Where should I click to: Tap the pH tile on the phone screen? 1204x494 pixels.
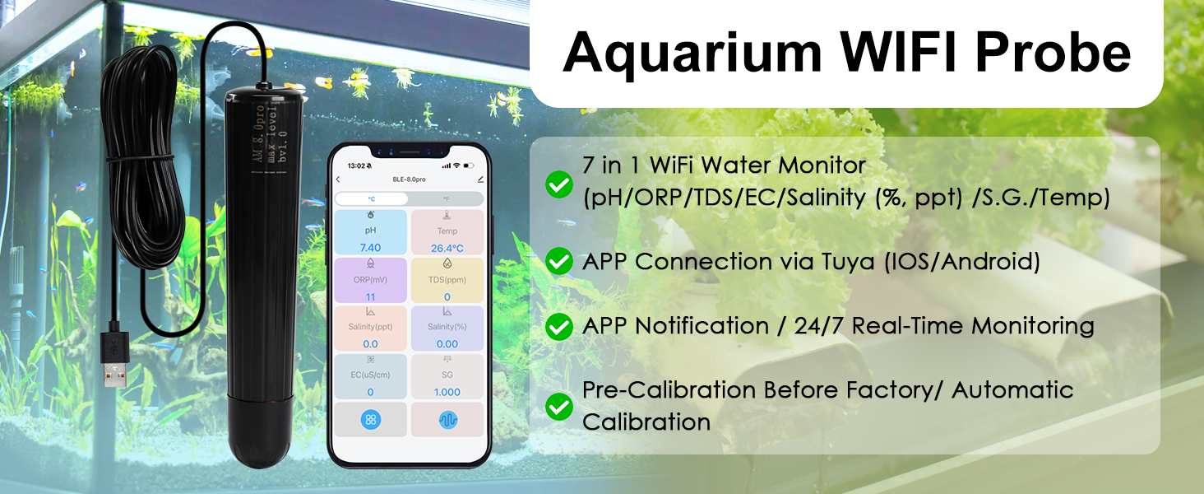[370, 231]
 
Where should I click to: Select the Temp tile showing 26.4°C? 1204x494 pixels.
[447, 231]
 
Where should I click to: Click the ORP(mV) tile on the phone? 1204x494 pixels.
[370, 280]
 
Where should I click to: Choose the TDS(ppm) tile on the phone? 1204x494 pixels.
[447, 280]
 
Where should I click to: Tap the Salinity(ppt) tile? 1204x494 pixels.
[370, 328]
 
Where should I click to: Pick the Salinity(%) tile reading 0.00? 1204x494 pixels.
[447, 328]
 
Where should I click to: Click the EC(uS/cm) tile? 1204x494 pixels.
[370, 375]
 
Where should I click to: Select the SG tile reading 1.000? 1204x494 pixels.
[447, 375]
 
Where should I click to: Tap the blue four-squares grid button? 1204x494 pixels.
[371, 419]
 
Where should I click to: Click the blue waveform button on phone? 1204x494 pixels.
[447, 419]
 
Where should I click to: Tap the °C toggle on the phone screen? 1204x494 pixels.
[372, 198]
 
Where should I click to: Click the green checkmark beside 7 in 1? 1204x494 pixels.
[559, 184]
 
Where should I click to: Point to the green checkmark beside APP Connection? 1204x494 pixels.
[559, 262]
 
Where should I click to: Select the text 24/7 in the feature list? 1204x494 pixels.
[822, 326]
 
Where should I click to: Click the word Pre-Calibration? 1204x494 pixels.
[669, 389]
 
